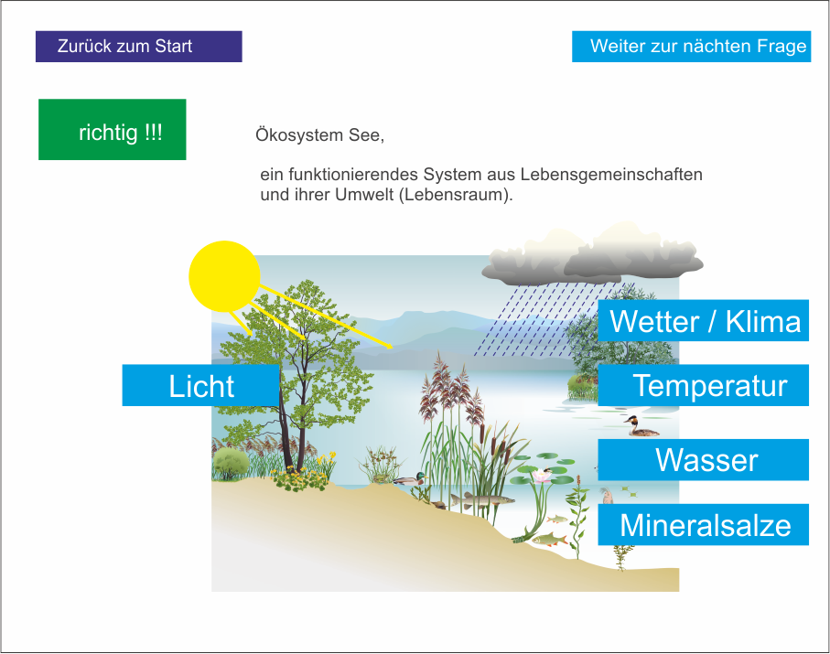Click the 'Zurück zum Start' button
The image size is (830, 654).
click(139, 47)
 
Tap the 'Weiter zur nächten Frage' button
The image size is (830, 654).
click(691, 47)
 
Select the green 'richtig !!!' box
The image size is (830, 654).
click(113, 130)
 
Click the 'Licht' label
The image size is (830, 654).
click(200, 385)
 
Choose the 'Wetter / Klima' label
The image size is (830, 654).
click(704, 321)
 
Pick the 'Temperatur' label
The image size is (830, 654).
click(704, 385)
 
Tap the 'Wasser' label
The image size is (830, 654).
click(704, 460)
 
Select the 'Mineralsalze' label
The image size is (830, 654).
click(704, 524)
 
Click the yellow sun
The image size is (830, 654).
click(224, 276)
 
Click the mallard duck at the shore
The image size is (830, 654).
click(410, 479)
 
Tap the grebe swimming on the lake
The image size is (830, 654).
click(641, 427)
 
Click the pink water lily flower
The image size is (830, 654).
click(542, 477)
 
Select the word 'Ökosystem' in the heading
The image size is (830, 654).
click(299, 135)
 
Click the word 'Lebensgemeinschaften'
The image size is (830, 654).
click(611, 175)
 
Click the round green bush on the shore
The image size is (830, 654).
click(231, 463)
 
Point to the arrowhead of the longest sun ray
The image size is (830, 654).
click(390, 347)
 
